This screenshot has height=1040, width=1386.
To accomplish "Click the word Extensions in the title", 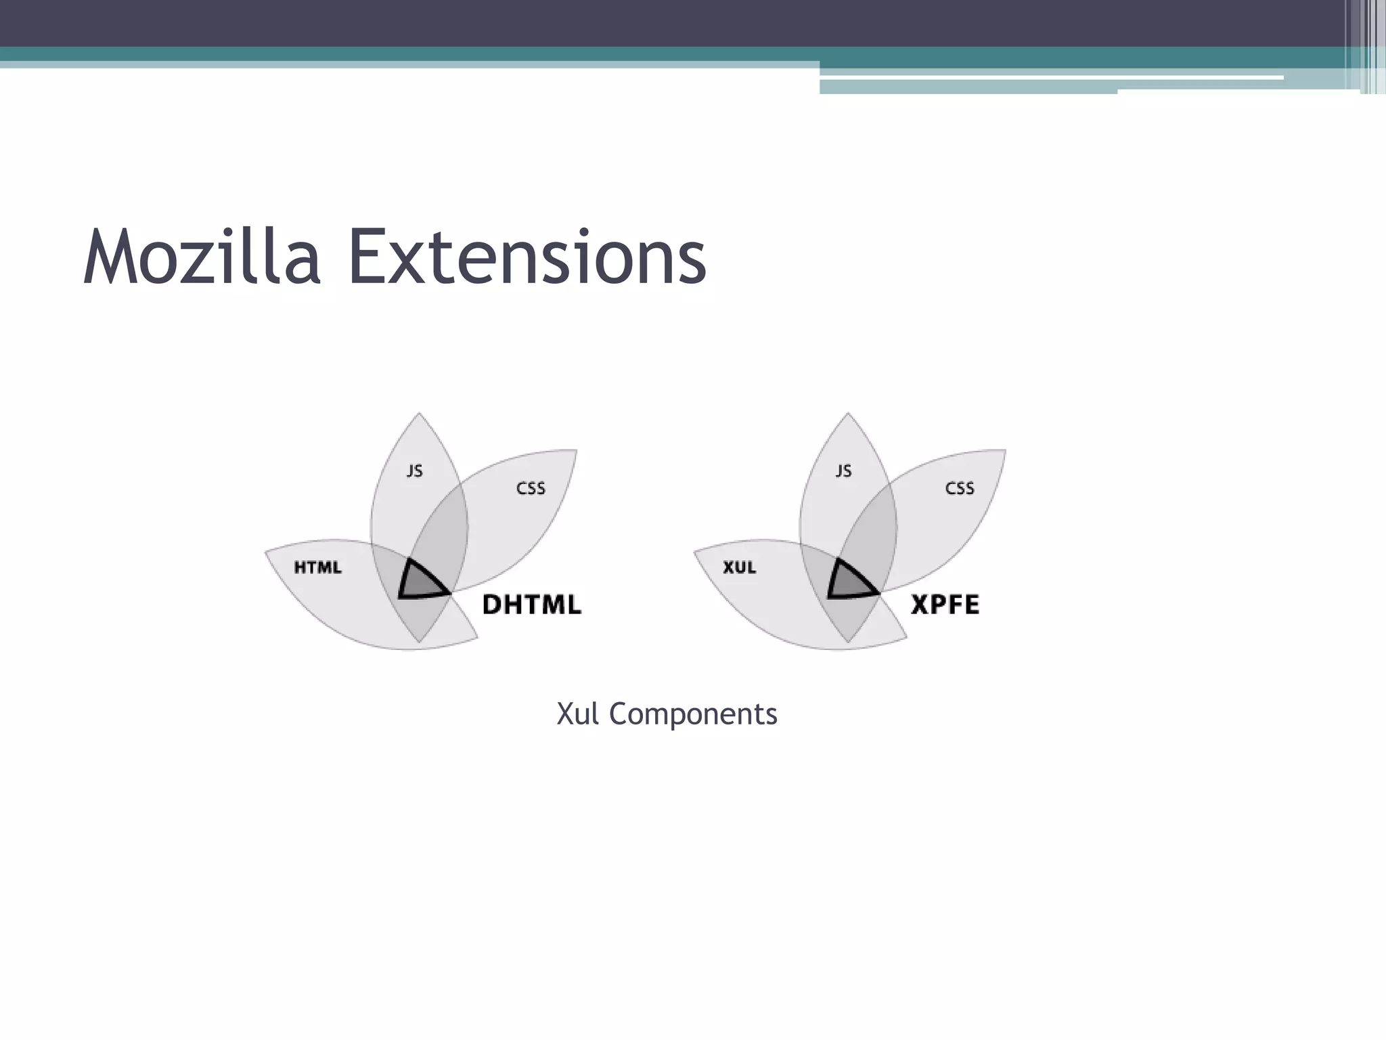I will point(527,258).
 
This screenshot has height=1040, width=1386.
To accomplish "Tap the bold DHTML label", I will point(531,604).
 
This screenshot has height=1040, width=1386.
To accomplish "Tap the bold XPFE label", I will point(945,604).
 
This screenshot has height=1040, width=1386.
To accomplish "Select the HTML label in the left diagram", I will point(317,567).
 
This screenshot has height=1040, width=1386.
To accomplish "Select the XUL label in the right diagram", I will point(739,567).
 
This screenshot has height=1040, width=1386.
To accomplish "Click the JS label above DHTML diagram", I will point(415,471).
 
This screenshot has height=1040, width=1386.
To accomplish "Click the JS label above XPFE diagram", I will point(843,471).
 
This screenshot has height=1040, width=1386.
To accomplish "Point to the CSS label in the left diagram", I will point(531,488).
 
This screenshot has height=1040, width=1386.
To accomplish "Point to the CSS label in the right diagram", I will point(960,488).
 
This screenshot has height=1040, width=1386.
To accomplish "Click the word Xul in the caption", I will point(577,714).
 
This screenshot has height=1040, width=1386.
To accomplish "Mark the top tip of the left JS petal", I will point(419,414).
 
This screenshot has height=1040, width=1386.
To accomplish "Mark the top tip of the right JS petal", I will point(848,414).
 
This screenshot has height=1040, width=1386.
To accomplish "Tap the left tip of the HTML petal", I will point(266,551).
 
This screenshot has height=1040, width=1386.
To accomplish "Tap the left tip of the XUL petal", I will point(695,551).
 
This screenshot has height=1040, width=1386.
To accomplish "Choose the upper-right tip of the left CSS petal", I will point(576,451).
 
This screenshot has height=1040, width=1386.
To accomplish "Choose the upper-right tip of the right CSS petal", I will point(1005,451).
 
